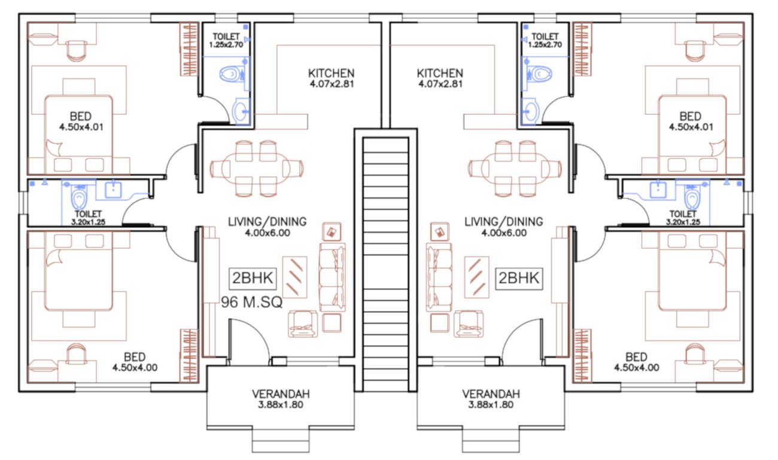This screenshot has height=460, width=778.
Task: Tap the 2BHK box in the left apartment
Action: pyautogui.click(x=252, y=279)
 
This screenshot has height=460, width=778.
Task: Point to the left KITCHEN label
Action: pyautogui.click(x=331, y=73)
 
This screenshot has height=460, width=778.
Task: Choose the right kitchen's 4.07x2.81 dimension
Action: pyautogui.click(x=440, y=84)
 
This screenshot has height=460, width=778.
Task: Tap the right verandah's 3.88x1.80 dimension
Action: pyautogui.click(x=491, y=405)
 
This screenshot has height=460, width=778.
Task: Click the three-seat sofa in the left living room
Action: pyautogui.click(x=333, y=277)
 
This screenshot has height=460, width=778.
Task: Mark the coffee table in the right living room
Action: pyautogui.click(x=478, y=276)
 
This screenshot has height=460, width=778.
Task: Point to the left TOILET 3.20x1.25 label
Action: pyautogui.click(x=88, y=217)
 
